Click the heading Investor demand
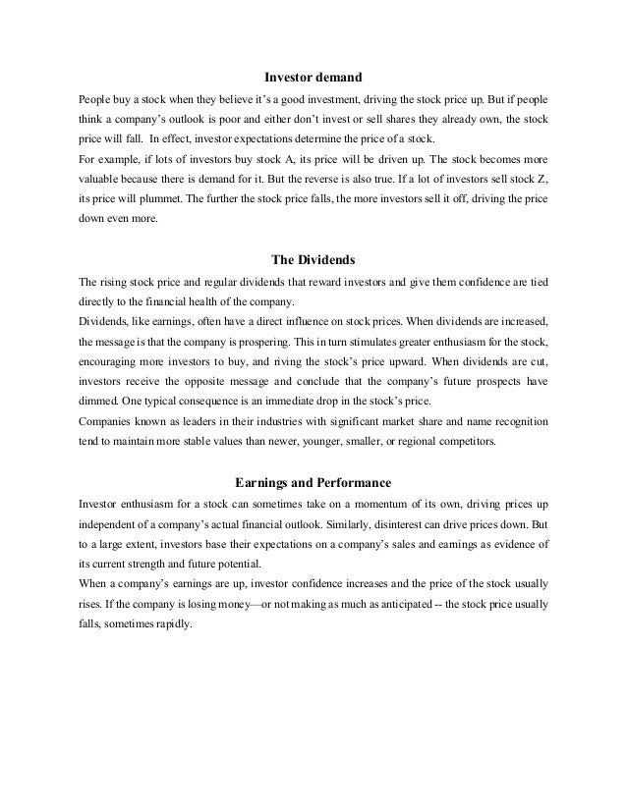click(313, 76)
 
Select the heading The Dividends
click(313, 260)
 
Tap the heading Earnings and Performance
click(313, 482)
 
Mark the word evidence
click(512, 544)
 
